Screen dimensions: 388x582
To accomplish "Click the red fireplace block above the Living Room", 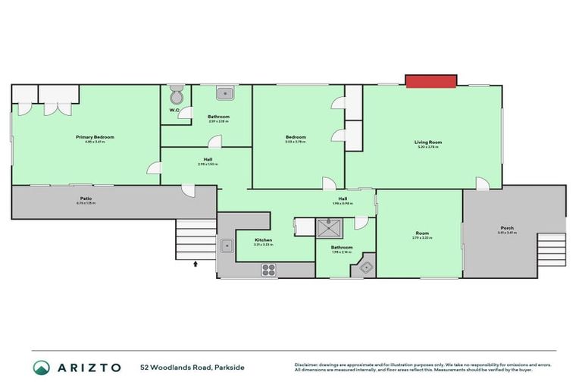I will coord(431,80).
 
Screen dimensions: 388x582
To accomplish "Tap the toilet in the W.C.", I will coord(176,96).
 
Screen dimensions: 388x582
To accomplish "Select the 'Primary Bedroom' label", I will coord(90,137).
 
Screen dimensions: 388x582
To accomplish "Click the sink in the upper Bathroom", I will coord(224,94).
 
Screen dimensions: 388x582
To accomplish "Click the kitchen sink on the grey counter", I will coord(226,245).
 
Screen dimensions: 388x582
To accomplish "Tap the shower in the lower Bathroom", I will coord(330,227).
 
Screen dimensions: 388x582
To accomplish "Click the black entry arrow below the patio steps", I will coord(196,264).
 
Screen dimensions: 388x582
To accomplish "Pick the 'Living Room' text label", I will coord(427,142).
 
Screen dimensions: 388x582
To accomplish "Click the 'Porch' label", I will coord(507,228).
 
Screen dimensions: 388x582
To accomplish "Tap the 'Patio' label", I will coord(86,198).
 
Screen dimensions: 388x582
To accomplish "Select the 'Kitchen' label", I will coord(264,240).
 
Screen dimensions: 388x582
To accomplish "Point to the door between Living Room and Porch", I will coord(481,183).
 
